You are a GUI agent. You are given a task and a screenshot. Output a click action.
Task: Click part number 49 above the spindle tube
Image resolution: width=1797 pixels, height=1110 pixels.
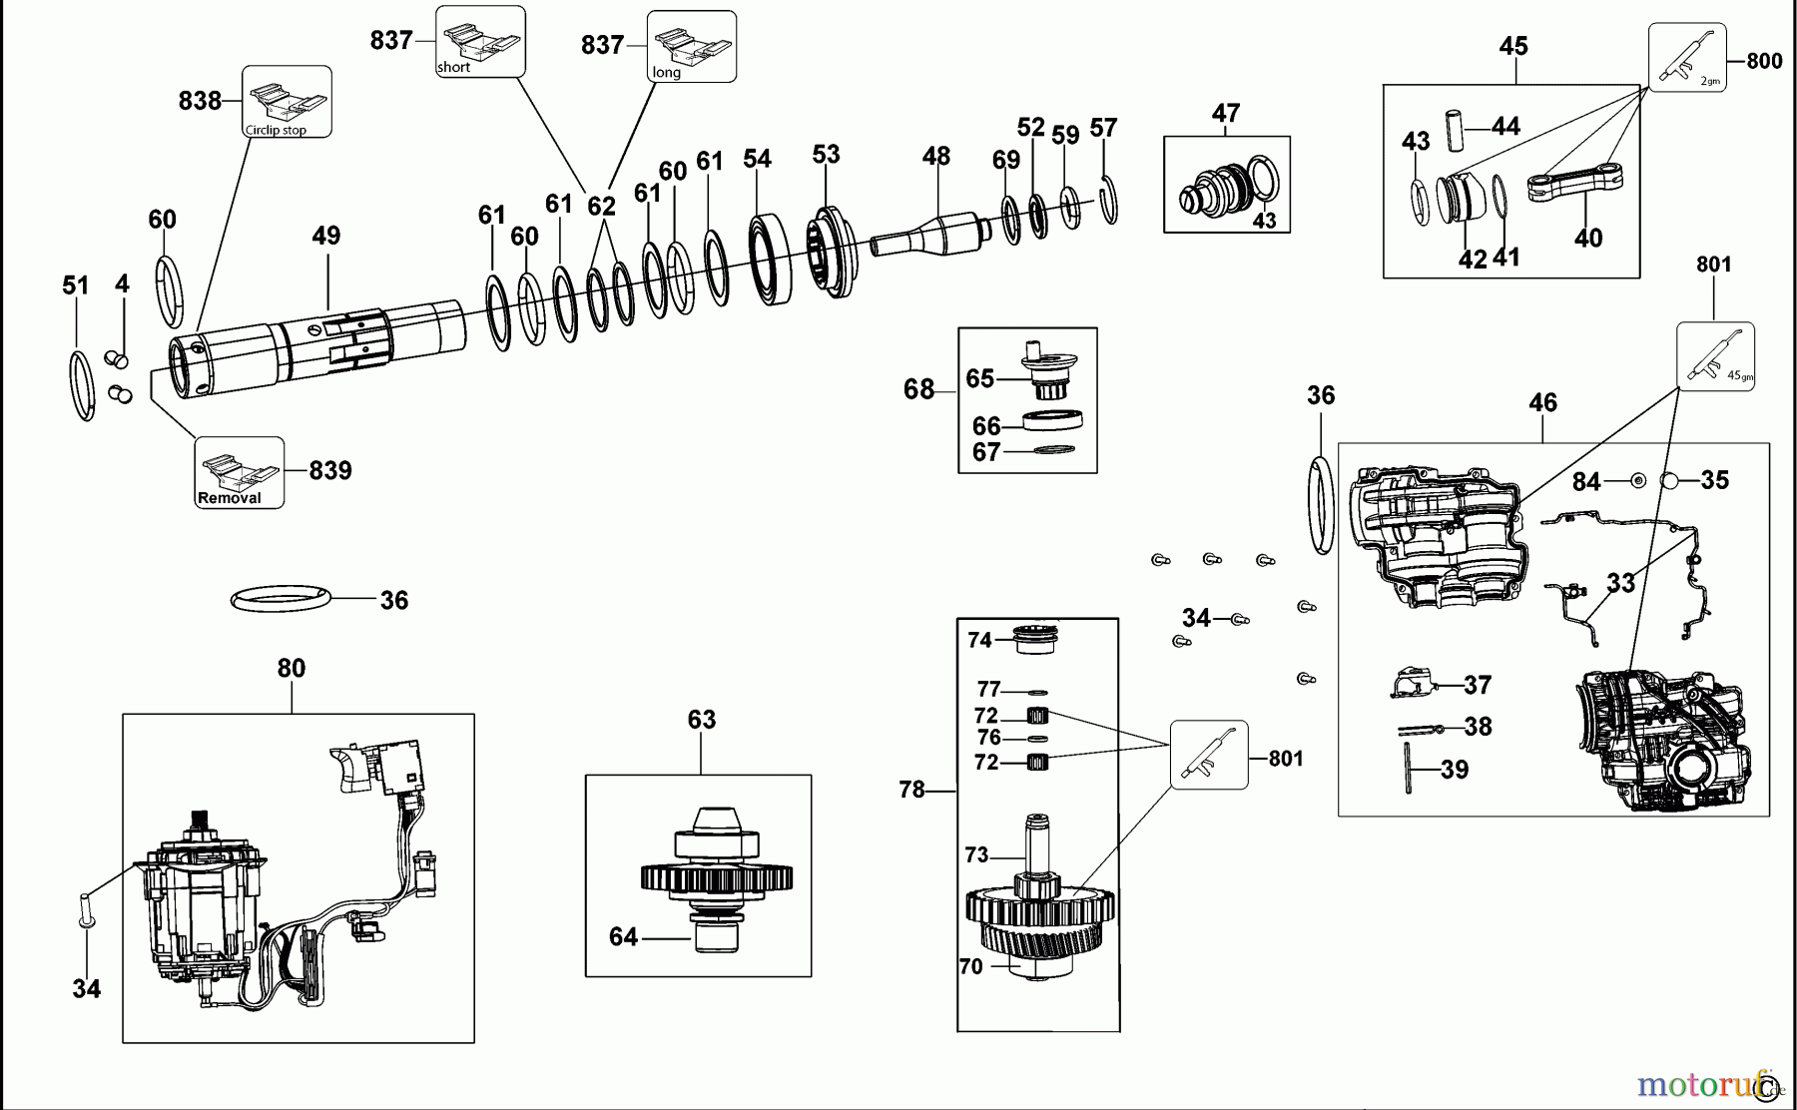click(x=326, y=236)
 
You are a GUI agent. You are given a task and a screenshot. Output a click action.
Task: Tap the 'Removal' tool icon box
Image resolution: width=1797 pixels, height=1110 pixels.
click(x=240, y=472)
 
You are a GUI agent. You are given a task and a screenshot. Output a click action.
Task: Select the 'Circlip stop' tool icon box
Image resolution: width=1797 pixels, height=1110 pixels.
click(x=287, y=102)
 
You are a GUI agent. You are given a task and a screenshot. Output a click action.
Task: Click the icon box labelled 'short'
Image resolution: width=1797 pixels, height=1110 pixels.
click(x=480, y=42)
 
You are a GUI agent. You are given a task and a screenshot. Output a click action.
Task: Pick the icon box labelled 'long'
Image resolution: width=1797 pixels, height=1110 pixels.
click(x=692, y=47)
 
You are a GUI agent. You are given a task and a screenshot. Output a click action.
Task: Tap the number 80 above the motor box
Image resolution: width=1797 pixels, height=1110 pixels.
click(x=291, y=668)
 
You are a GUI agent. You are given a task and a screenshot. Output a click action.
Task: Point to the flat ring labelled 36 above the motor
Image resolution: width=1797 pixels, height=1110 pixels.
click(x=280, y=599)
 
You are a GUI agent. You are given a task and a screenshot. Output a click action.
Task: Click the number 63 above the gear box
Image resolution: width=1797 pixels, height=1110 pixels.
click(x=702, y=720)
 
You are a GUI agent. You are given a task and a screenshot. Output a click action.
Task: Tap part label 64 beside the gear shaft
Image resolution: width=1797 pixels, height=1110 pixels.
click(x=623, y=936)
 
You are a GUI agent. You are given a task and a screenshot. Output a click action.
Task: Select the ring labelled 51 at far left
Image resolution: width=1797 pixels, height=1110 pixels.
click(x=83, y=385)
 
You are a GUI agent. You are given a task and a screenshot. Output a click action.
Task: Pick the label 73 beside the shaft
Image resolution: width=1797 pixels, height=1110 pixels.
click(x=976, y=854)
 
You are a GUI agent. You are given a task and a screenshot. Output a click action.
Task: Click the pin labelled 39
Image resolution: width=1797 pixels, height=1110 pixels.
click(x=1409, y=770)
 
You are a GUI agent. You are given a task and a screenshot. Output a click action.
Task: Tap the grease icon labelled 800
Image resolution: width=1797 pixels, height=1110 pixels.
click(x=1686, y=59)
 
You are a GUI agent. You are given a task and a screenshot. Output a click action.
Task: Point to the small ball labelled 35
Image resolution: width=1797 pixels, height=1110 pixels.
click(x=1671, y=481)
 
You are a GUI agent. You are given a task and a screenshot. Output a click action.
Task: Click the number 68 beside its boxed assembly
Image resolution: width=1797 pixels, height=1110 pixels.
click(x=918, y=389)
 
